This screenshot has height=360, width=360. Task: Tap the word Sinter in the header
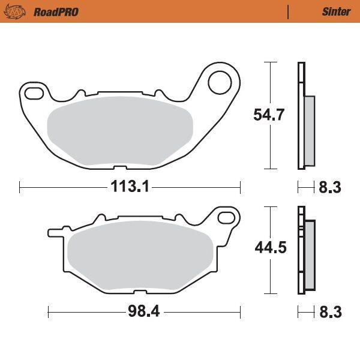click(336, 11)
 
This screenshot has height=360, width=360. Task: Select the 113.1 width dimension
click(129, 187)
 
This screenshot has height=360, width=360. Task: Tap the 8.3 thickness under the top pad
click(329, 188)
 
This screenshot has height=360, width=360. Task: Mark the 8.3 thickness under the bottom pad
click(329, 312)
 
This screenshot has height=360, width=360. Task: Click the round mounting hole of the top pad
click(220, 82)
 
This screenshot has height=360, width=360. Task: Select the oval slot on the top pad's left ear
click(35, 92)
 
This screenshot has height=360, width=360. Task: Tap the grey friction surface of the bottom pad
click(138, 256)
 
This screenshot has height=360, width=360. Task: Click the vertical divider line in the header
click(289, 11)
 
